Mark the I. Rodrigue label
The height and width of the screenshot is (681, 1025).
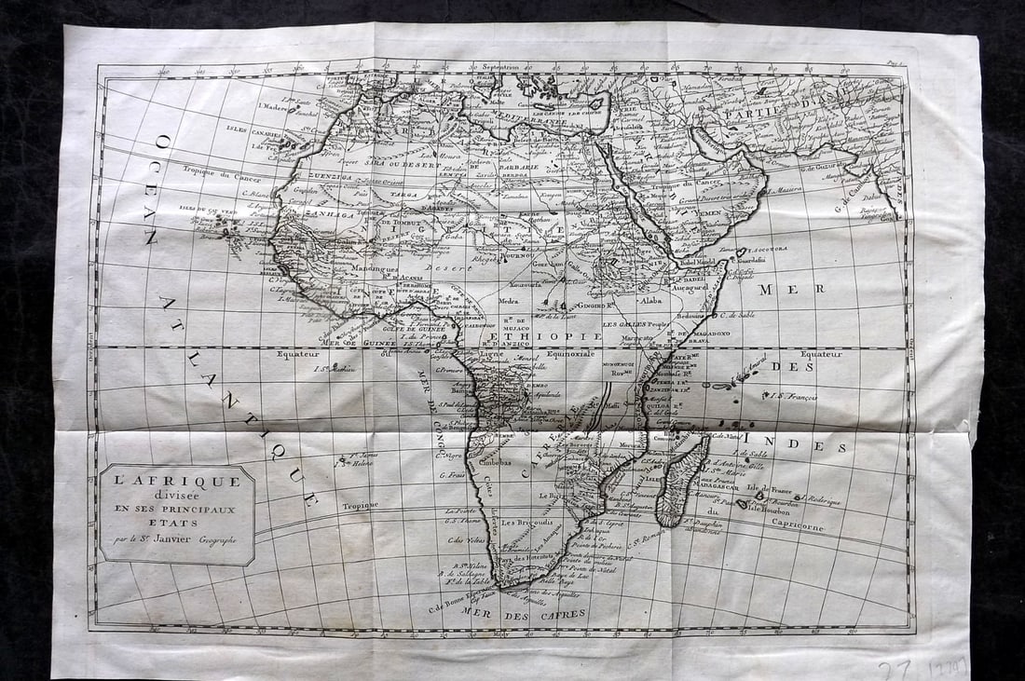coord(819,500)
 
